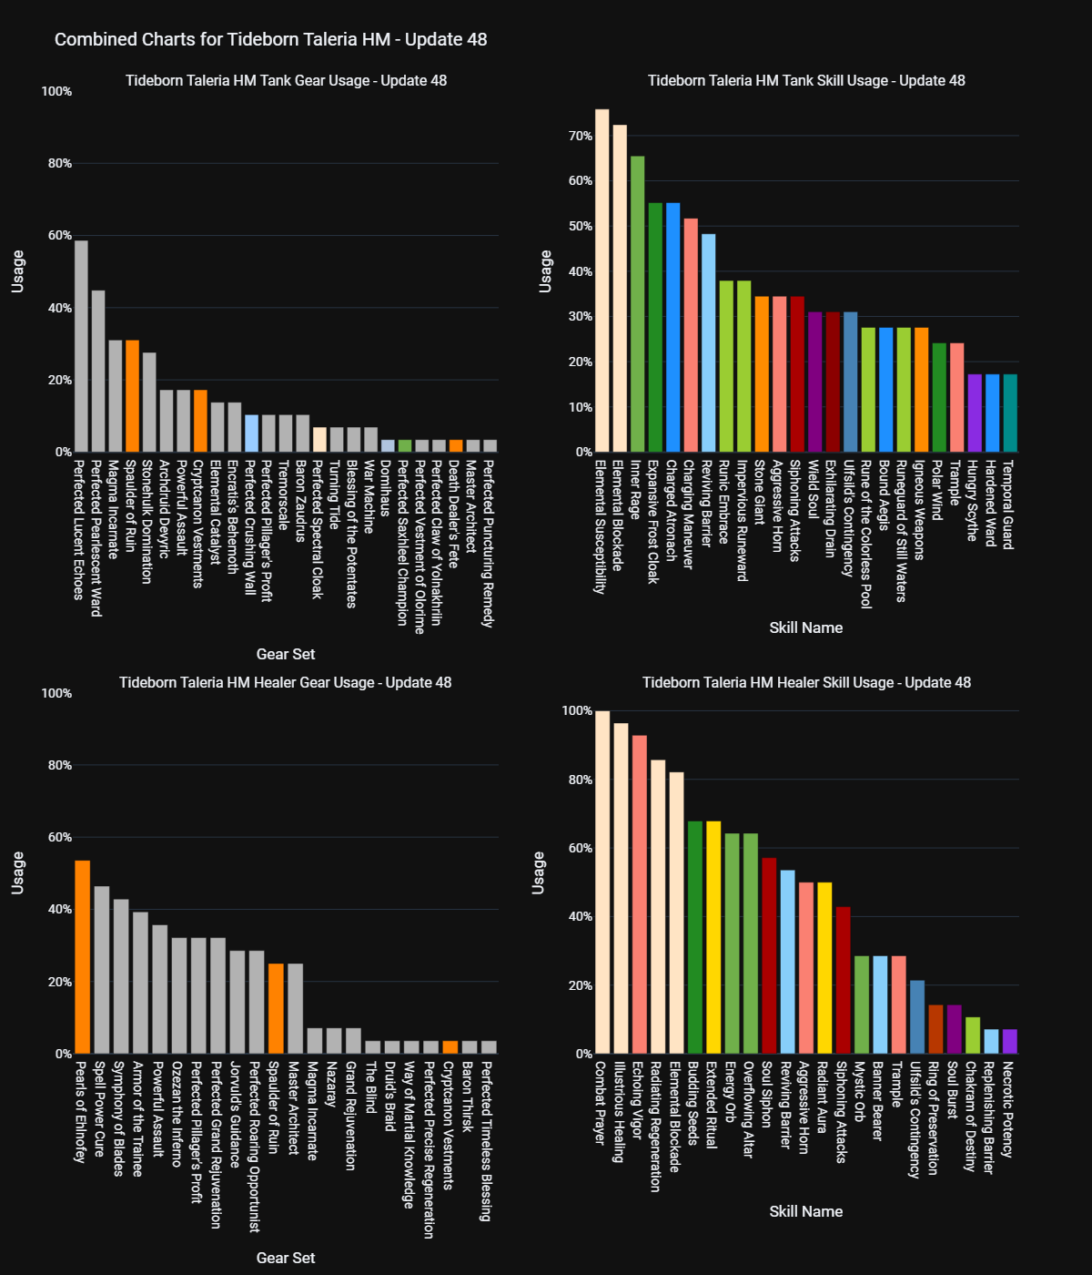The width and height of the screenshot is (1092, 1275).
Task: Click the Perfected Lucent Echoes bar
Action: (x=81, y=346)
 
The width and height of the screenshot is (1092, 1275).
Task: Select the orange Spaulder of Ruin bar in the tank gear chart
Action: (x=132, y=396)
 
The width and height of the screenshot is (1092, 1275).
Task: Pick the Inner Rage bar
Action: (x=637, y=304)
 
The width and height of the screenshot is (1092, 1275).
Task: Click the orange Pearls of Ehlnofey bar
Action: (x=82, y=957)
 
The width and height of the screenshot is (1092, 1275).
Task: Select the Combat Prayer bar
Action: (x=602, y=882)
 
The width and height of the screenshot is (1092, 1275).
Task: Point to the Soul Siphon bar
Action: (x=769, y=955)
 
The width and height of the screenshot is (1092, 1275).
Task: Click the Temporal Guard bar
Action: (x=1010, y=413)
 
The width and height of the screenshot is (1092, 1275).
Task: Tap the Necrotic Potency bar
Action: (x=1009, y=1042)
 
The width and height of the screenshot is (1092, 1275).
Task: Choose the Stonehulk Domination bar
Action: (x=149, y=402)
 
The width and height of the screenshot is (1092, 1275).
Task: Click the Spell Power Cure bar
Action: (x=101, y=970)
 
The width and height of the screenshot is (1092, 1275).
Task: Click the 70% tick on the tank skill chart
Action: (x=581, y=137)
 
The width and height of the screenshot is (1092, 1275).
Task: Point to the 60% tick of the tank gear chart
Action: (x=59, y=236)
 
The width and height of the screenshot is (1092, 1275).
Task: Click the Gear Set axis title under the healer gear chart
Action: (x=286, y=1258)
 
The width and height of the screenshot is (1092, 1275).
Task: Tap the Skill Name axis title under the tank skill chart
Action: (x=805, y=627)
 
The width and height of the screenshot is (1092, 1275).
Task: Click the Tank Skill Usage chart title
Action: (x=806, y=80)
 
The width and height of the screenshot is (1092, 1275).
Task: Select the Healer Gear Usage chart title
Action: (x=286, y=682)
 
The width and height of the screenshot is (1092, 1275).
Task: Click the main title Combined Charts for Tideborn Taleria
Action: (x=270, y=39)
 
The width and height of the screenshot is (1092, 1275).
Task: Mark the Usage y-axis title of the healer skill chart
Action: (x=539, y=873)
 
